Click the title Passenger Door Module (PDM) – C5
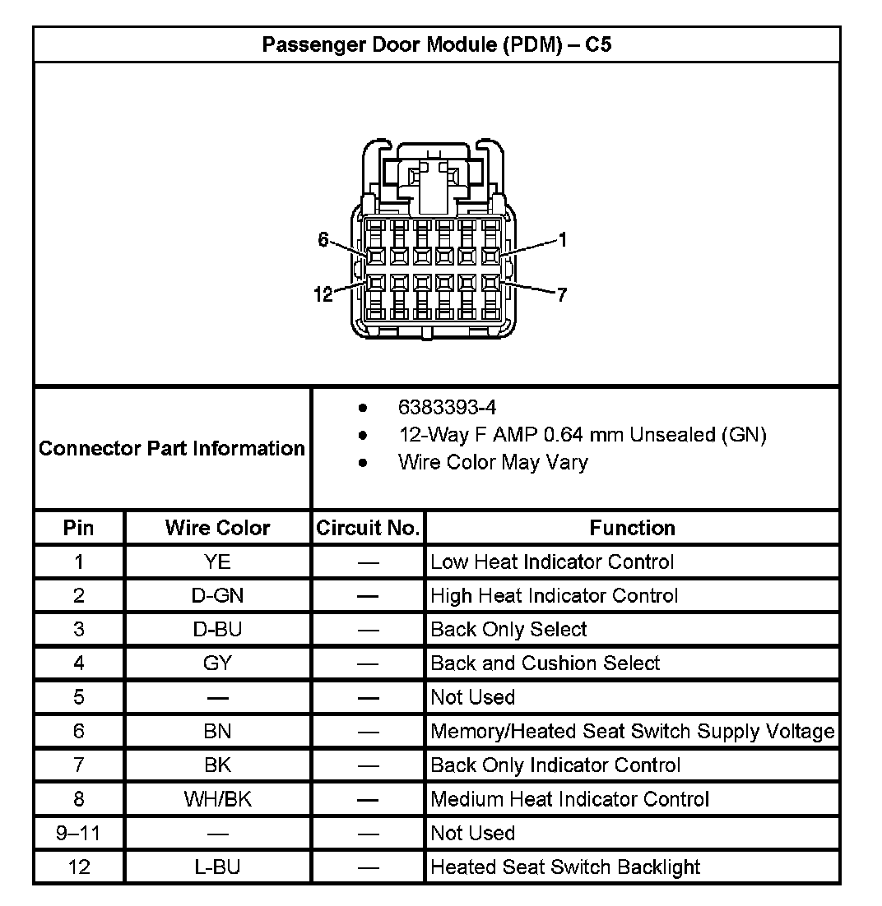[436, 44]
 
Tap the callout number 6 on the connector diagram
[323, 239]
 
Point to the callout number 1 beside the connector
[562, 239]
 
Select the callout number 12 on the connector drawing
[324, 294]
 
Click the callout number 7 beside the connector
[562, 294]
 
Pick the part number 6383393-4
[447, 407]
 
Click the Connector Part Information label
[172, 448]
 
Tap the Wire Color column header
[217, 528]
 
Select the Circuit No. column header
[368, 528]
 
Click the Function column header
[632, 528]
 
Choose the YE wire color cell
[217, 562]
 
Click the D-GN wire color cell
[217, 596]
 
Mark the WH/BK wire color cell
[217, 799]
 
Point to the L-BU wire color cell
[217, 867]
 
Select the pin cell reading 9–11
[78, 833]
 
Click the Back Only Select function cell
[508, 630]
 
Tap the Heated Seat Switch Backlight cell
[565, 867]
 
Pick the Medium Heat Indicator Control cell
[569, 799]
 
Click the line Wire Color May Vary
[492, 462]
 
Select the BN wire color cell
[217, 731]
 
